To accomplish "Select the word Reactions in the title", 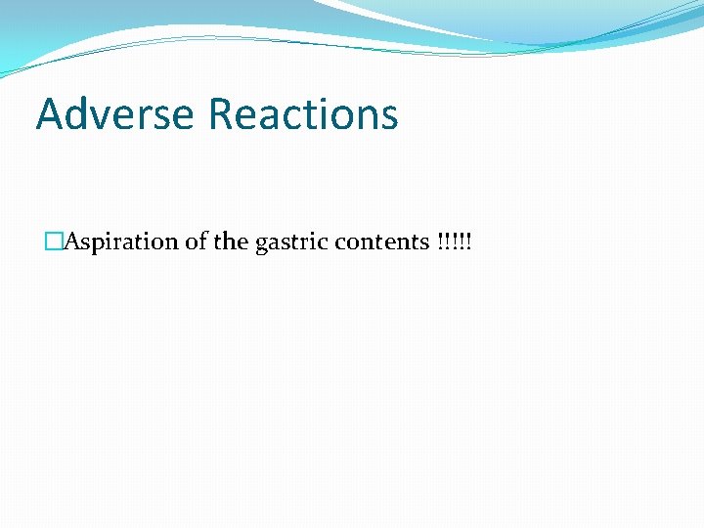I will (x=304, y=113).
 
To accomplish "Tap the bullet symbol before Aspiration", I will (x=53, y=242).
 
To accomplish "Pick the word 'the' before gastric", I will (x=231, y=242).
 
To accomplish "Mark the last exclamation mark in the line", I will (x=467, y=242).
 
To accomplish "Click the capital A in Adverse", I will (x=50, y=113).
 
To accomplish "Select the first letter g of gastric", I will (x=261, y=244).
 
